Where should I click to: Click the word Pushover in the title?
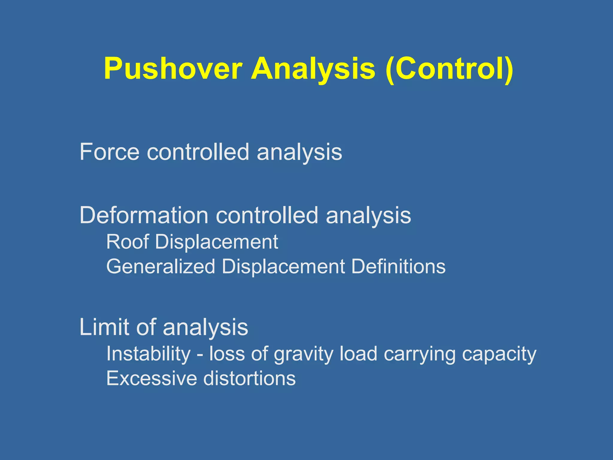(173, 69)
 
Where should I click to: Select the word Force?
(109, 152)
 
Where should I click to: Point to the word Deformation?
(144, 215)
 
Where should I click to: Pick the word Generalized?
(161, 267)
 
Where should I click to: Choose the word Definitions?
(398, 267)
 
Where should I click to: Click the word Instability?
(148, 354)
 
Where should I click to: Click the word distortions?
(249, 379)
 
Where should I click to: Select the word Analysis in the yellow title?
(313, 69)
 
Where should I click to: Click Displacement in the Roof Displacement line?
(216, 242)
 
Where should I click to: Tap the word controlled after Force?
(198, 152)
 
